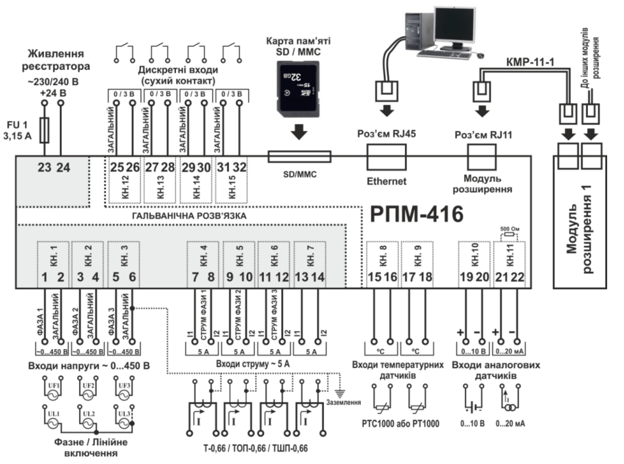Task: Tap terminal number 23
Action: (46, 167)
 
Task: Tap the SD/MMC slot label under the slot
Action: (298, 174)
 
